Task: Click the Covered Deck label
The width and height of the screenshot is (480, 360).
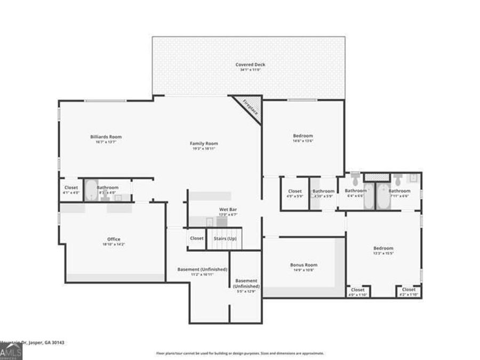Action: coord(250,65)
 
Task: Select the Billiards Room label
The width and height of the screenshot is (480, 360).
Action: coord(106,137)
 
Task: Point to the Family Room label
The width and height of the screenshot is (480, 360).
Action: coord(204,143)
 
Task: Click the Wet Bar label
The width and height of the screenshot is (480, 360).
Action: coord(228,210)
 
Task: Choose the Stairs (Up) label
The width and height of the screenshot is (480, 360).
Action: coord(225,238)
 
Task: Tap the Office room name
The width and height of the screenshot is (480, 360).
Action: coord(114,239)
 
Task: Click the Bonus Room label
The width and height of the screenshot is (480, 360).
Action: coord(303,265)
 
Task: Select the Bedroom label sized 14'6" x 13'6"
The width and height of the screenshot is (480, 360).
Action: coord(303,136)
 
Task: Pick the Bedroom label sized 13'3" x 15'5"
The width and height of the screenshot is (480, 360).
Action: coord(383,249)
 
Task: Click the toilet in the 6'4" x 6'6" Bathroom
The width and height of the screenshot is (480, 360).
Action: coord(356,177)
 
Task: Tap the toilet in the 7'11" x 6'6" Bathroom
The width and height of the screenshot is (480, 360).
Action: coord(398,177)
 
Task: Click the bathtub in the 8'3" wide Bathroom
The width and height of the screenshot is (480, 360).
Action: coord(91,190)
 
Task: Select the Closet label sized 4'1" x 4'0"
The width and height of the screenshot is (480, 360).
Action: coord(71,188)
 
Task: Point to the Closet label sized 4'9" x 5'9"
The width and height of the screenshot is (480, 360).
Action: coord(295,191)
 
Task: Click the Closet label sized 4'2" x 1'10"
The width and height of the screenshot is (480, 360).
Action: coord(409,290)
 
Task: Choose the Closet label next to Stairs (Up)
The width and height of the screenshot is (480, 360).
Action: coord(196,238)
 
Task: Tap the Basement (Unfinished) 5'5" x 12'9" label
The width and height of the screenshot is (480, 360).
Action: coord(246,283)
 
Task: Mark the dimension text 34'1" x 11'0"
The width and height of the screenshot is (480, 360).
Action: coord(250,70)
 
